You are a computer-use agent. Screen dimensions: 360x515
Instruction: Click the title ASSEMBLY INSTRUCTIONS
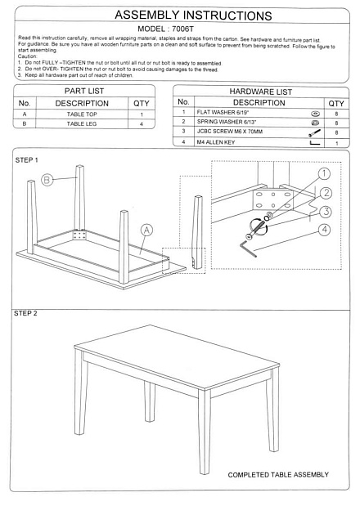point(193,16)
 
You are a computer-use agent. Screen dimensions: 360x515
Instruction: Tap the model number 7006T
point(182,29)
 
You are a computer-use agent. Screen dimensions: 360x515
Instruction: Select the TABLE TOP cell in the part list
point(82,114)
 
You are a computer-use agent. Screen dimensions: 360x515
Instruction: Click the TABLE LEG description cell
point(82,123)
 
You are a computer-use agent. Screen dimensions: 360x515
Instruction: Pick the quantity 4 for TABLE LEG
point(142,124)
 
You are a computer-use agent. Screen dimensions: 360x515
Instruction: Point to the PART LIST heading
point(84,91)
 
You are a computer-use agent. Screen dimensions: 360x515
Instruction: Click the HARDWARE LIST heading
point(261,92)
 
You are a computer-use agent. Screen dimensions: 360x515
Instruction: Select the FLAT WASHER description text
point(223,112)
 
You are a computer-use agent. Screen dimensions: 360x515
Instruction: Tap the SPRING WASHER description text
point(227,122)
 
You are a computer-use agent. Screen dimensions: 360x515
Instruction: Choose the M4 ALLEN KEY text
point(216,142)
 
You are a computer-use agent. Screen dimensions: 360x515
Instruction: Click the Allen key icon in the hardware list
point(315,143)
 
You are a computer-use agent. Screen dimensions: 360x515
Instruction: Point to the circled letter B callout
point(47,180)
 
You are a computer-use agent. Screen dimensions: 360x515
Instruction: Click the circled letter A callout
point(146,230)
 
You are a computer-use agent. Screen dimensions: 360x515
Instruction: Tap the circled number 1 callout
point(325,174)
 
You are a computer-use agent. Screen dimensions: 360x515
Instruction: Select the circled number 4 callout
point(325,229)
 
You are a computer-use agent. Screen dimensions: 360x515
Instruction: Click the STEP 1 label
point(27,160)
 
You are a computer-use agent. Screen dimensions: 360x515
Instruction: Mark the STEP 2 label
point(25,313)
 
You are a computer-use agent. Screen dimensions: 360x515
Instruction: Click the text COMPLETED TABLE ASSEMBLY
point(278,475)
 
